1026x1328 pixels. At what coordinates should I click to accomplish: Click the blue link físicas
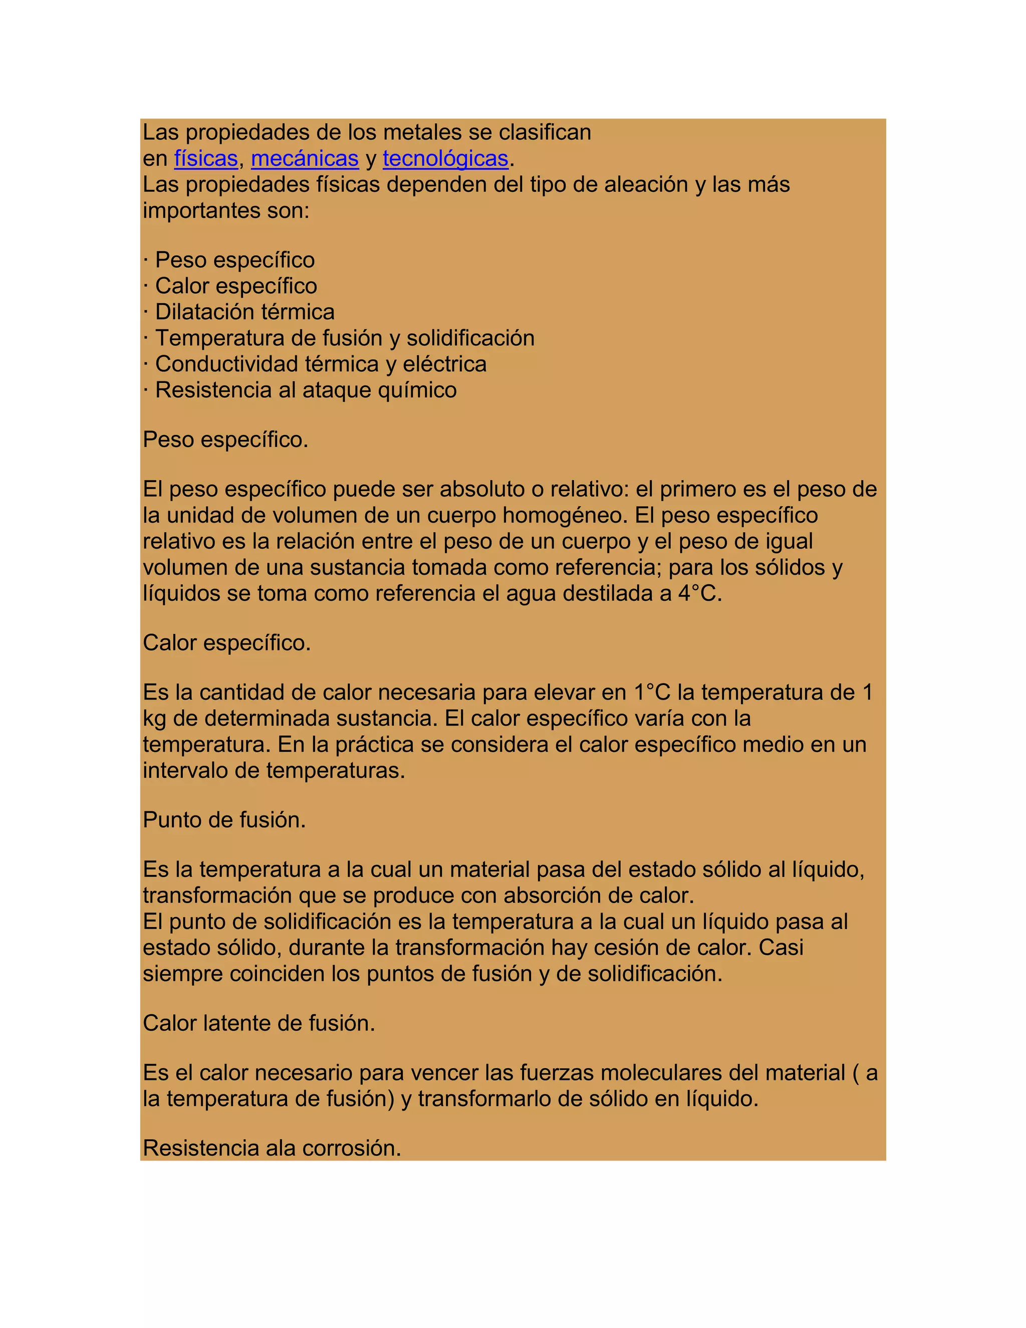click(x=205, y=159)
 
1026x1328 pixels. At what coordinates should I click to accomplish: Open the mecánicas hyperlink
click(x=305, y=159)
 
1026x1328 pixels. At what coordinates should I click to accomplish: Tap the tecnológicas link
click(x=445, y=159)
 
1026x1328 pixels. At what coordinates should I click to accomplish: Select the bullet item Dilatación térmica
click(x=244, y=312)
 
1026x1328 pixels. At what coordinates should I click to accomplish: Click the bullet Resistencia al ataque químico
click(x=305, y=390)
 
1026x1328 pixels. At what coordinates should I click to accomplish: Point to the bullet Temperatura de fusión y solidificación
click(x=345, y=338)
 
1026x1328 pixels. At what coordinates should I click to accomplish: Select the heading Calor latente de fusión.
click(x=259, y=1023)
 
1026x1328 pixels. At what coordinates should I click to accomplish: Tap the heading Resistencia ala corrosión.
click(x=272, y=1148)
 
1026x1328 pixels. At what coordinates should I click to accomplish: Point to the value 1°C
click(x=653, y=693)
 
